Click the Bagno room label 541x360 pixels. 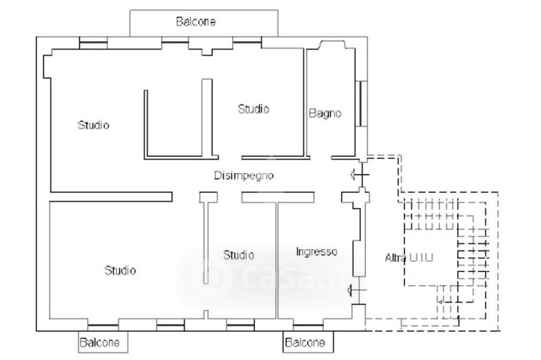(325, 114)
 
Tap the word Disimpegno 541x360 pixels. (243, 176)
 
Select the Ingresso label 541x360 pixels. (316, 252)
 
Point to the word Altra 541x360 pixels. (396, 258)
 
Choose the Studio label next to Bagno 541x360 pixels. (254, 108)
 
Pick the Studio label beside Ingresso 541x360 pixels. (239, 255)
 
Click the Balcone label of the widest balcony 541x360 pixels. (196, 22)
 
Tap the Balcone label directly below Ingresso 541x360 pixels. (304, 342)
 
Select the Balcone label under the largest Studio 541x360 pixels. (100, 342)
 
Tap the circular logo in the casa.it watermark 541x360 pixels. (204, 275)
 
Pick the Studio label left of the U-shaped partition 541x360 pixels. (93, 125)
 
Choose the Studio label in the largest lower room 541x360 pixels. (120, 271)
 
